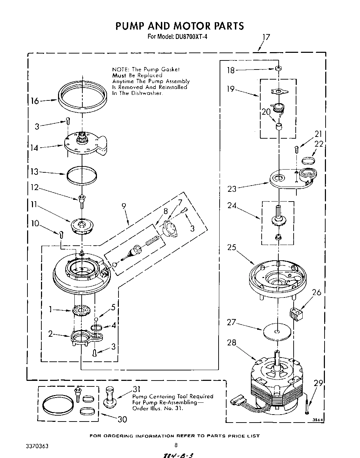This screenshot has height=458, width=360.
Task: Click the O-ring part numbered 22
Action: tap(308, 160)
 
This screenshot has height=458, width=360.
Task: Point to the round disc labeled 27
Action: tap(277, 332)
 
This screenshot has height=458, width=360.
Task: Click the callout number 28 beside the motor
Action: tap(231, 342)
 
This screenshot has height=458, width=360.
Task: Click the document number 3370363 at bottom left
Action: tap(37, 445)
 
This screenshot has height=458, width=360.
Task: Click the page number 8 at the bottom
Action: tap(176, 445)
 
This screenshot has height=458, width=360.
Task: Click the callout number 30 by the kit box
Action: tap(122, 419)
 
